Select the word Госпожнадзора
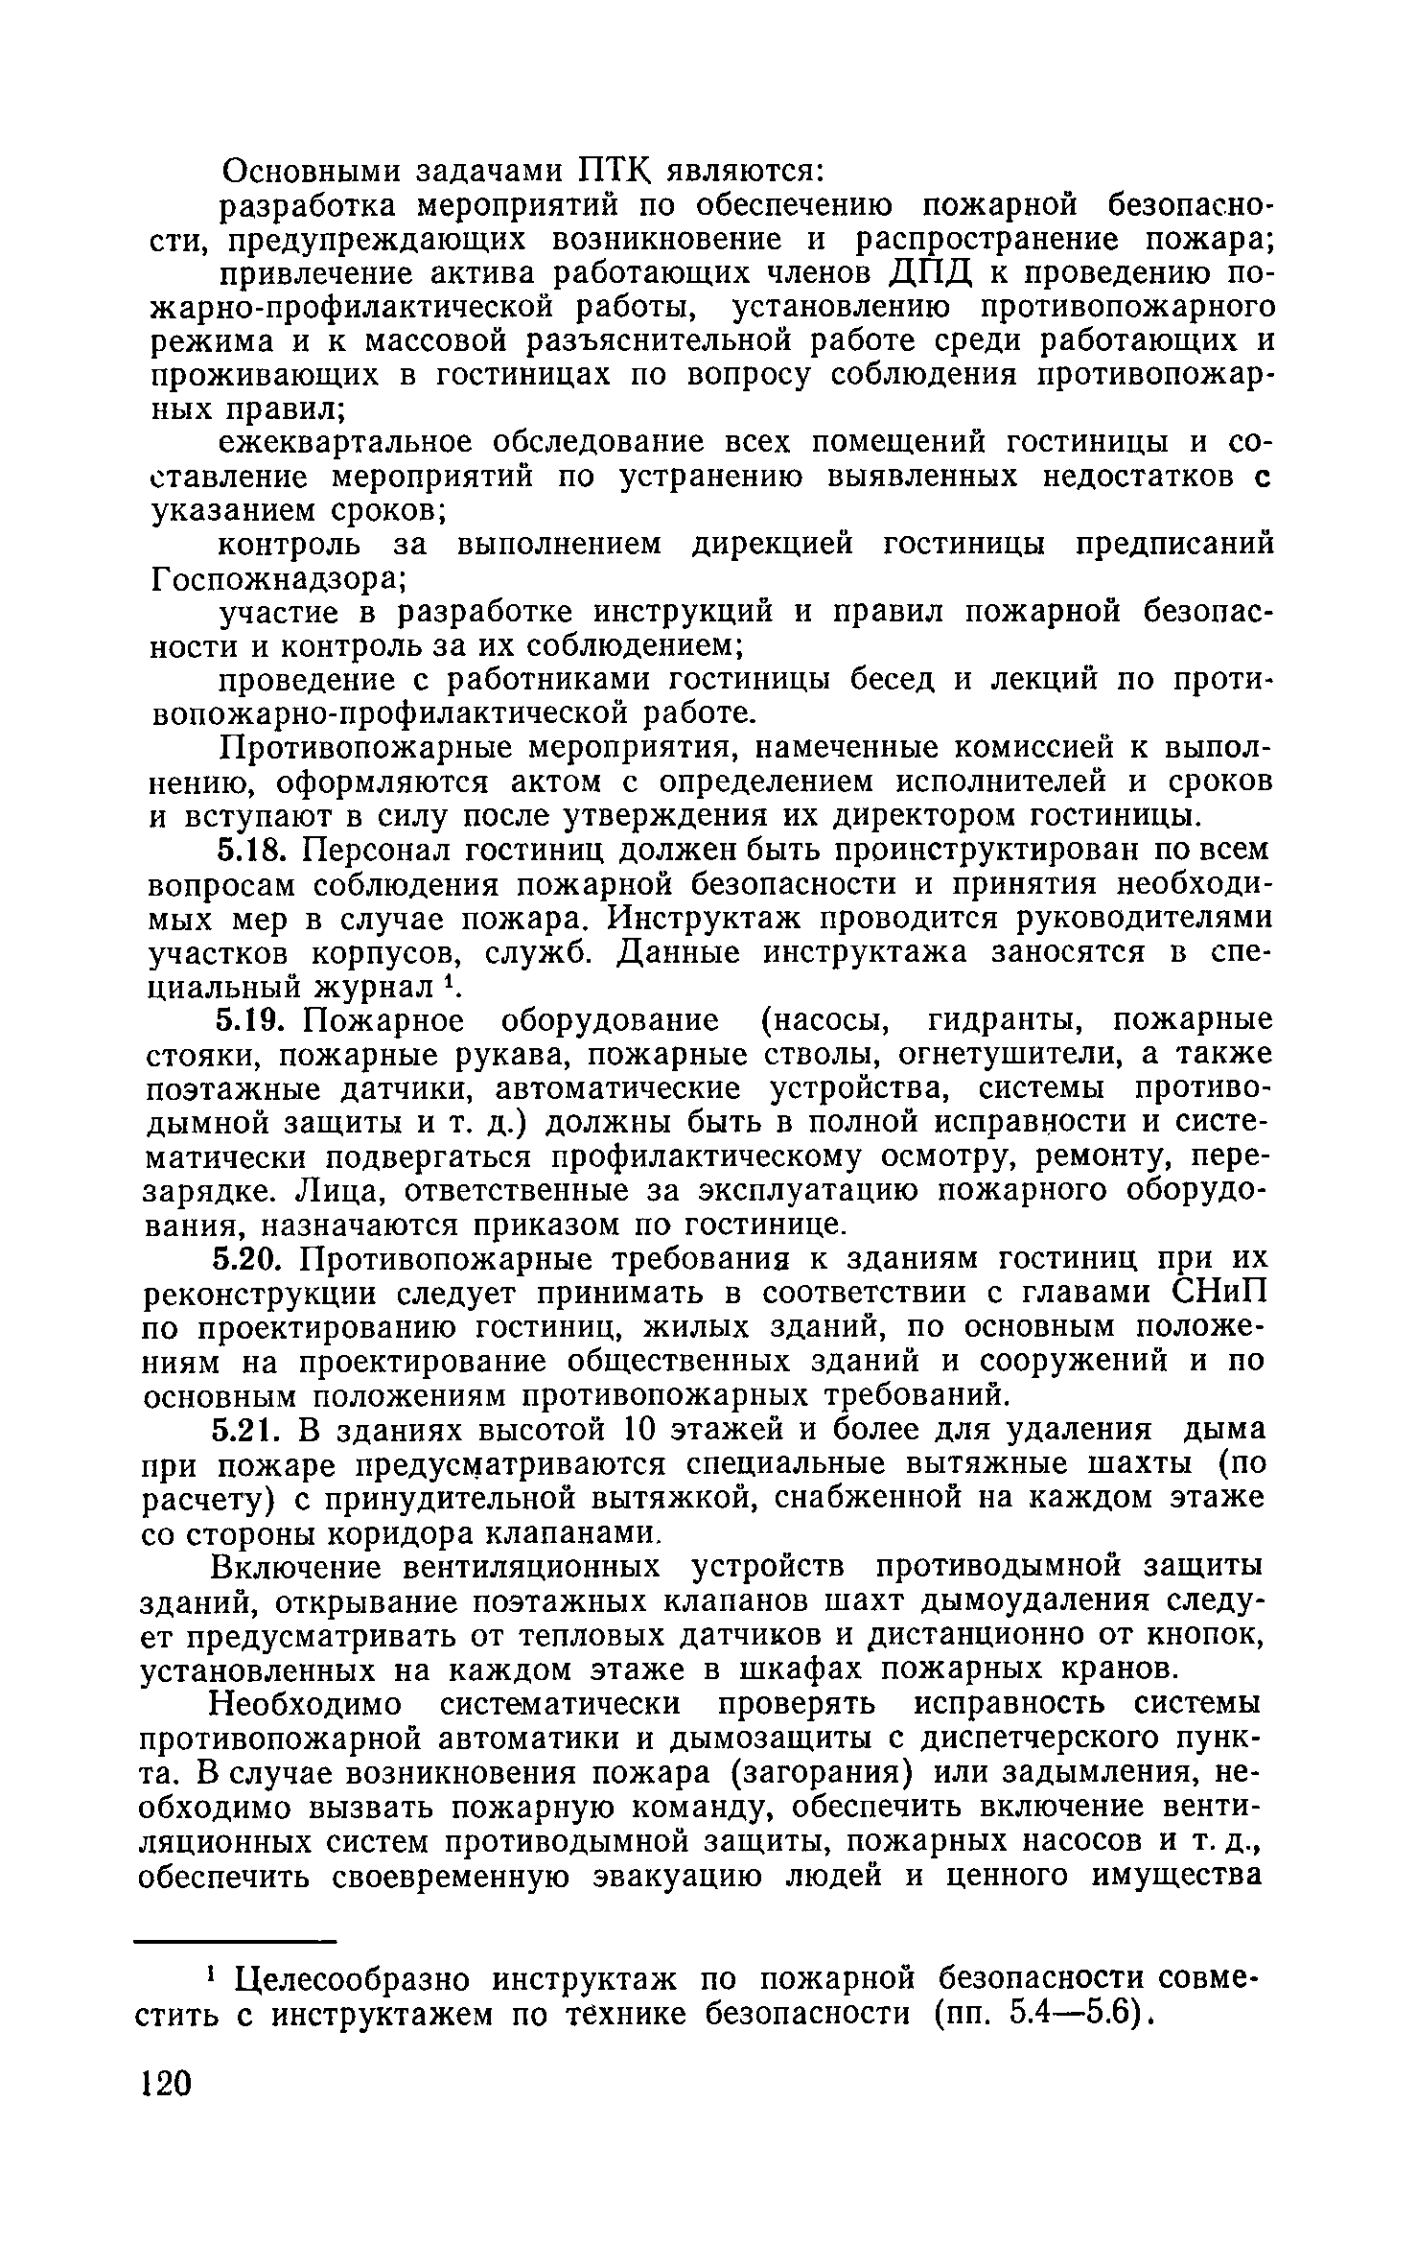[x=279, y=579]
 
